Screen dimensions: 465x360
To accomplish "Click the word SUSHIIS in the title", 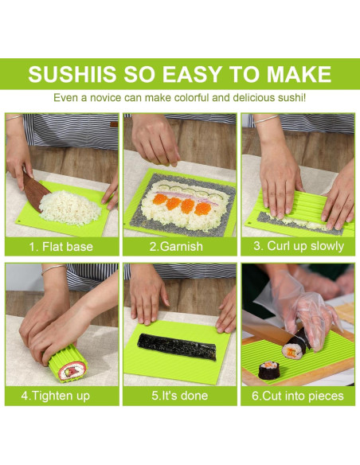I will tap(71, 74).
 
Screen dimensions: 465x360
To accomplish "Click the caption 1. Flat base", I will tap(61, 246).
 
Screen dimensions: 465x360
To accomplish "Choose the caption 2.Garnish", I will tap(179, 246).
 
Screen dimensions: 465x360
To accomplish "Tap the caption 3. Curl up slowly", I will tap(299, 246).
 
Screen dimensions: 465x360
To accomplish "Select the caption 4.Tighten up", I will tap(61, 395).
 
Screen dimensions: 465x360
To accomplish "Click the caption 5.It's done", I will tap(179, 395).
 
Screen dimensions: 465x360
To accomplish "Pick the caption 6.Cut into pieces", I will tap(299, 395).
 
